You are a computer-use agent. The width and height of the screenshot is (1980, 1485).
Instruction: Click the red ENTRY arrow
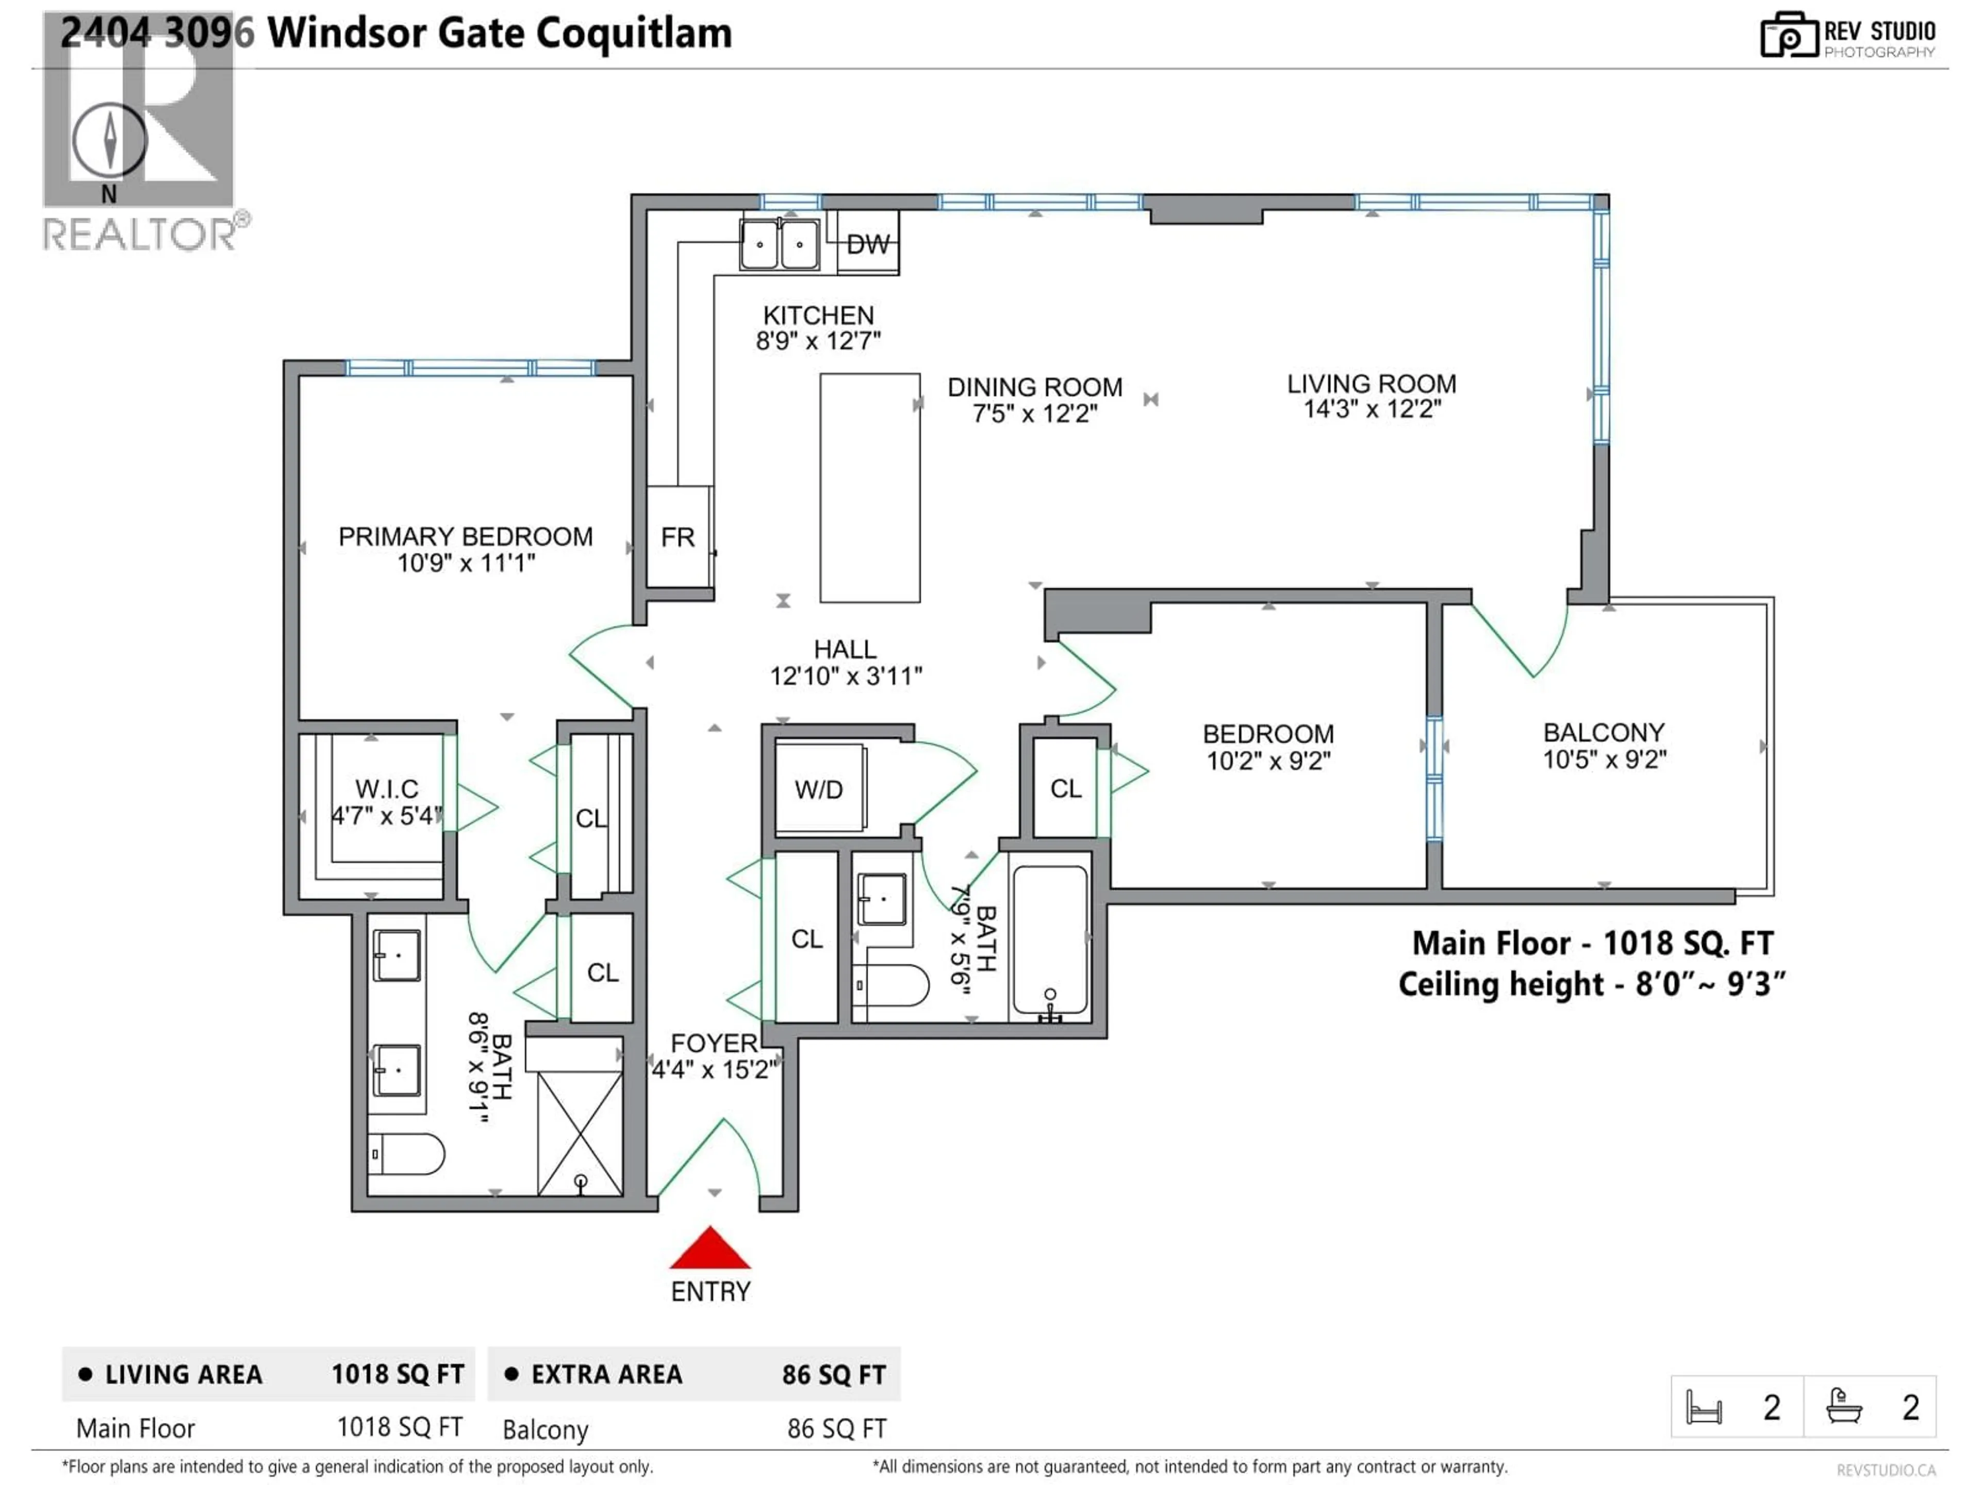pyautogui.click(x=710, y=1249)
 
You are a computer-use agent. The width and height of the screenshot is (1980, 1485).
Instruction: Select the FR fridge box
pyautogui.click(x=678, y=537)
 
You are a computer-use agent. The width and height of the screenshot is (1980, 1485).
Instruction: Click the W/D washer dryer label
pyautogui.click(x=819, y=789)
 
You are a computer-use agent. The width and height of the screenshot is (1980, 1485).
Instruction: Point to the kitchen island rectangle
pyautogui.click(x=870, y=488)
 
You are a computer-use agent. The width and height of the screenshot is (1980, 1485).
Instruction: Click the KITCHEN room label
pyautogui.click(x=818, y=315)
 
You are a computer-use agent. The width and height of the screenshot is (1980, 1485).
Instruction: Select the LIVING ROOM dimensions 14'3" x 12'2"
pyautogui.click(x=1372, y=409)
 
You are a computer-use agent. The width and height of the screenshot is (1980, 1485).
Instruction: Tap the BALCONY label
pyautogui.click(x=1603, y=732)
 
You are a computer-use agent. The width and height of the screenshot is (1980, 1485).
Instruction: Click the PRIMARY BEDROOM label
pyautogui.click(x=466, y=536)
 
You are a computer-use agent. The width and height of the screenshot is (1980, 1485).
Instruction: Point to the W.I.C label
pyautogui.click(x=387, y=788)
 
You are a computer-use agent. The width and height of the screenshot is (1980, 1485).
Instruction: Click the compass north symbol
pyautogui.click(x=109, y=141)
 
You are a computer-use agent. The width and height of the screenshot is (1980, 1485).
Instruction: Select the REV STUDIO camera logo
pyautogui.click(x=1788, y=36)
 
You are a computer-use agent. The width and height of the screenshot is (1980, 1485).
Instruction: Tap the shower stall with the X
pyautogui.click(x=580, y=1132)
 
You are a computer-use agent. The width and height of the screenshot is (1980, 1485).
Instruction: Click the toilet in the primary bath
pyautogui.click(x=407, y=1154)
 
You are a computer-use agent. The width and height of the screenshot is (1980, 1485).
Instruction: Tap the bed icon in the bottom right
pyautogui.click(x=1704, y=1407)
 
